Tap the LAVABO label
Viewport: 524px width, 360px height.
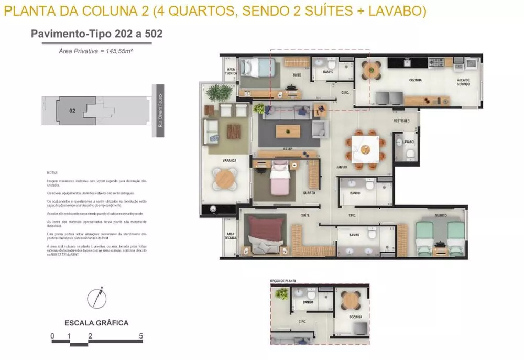pyautogui.click(x=409, y=142)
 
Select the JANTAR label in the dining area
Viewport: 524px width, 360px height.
pyautogui.click(x=343, y=167)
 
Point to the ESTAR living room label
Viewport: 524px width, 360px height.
pyautogui.click(x=288, y=149)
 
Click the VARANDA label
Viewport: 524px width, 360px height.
pyautogui.click(x=228, y=161)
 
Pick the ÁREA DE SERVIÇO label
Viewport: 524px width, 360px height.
pyautogui.click(x=463, y=82)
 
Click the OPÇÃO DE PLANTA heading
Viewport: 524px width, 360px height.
pyautogui.click(x=283, y=281)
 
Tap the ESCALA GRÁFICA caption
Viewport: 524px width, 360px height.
pyautogui.click(x=96, y=323)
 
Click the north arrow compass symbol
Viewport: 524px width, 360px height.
pyautogui.click(x=96, y=298)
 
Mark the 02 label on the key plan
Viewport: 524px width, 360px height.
pyautogui.click(x=72, y=111)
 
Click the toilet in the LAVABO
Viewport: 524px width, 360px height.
pyautogui.click(x=410, y=154)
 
